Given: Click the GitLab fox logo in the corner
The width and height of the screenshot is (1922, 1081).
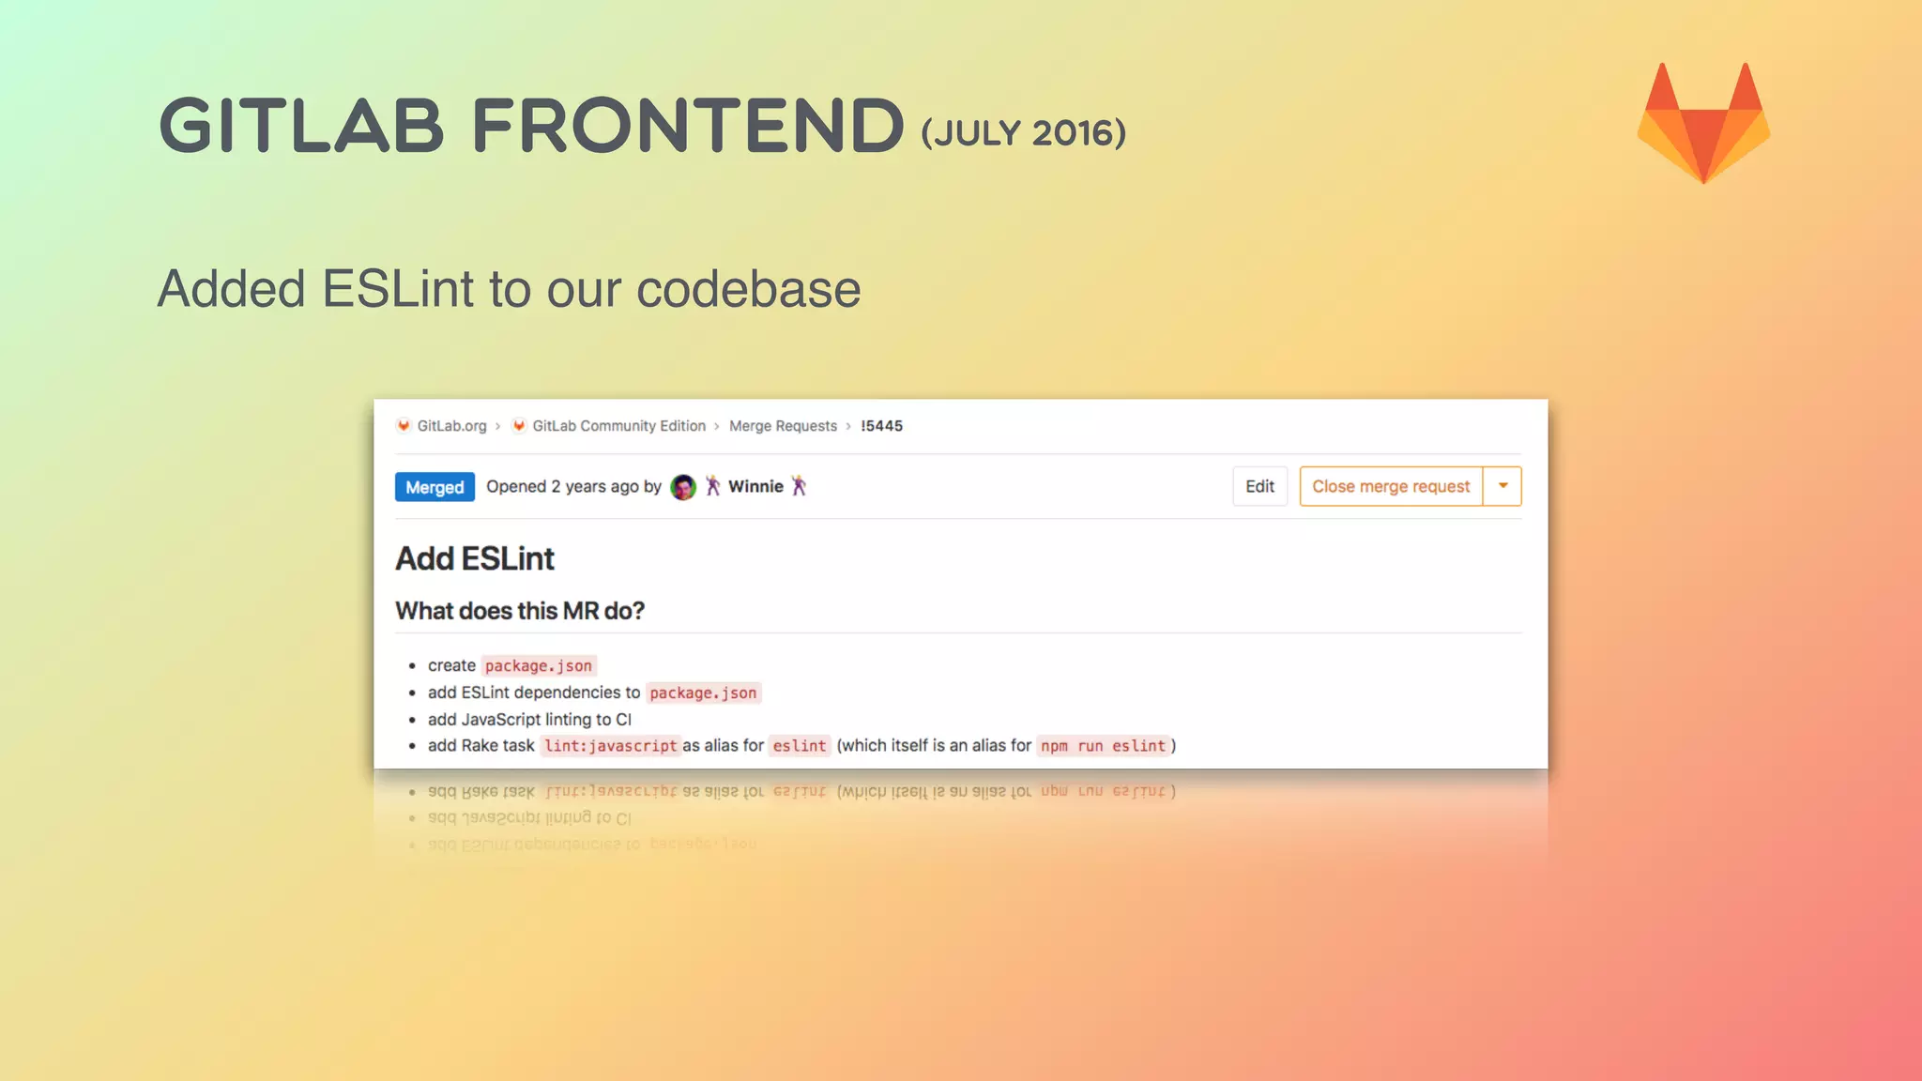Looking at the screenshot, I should coord(1703,123).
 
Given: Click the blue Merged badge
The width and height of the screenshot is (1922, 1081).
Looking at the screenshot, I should coord(435,487).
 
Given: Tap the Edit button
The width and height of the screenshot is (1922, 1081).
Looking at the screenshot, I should coord(1259,486).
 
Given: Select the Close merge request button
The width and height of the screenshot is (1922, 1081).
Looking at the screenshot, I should coord(1391,486).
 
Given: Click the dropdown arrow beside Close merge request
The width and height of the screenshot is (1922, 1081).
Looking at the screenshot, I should coord(1503,486).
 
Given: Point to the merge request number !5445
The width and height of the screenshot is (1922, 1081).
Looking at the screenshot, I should coord(881,426).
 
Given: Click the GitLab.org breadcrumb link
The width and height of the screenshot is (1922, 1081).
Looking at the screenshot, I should coord(451,426).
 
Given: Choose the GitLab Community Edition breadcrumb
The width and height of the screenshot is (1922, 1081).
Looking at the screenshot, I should coord(618,426).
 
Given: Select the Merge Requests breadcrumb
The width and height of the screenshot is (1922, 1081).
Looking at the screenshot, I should coord(783,426).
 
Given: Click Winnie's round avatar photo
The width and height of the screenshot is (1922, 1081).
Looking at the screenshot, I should coord(683,487).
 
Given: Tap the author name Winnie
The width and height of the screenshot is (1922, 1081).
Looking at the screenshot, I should coord(755,486).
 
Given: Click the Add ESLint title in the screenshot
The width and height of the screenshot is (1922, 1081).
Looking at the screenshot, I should coord(475,558).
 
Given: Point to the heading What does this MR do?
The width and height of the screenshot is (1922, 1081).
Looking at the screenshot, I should coord(520,611).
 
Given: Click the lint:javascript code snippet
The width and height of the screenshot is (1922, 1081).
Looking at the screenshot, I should coord(610,746).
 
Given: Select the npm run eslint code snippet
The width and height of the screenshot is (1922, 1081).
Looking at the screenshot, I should coord(1103,746).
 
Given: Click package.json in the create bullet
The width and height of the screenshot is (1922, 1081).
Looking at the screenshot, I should coord(539,665).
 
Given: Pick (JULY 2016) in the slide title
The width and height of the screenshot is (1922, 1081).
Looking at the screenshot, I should coord(1023,133).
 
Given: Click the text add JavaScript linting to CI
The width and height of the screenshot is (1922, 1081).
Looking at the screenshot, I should coord(529,720).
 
